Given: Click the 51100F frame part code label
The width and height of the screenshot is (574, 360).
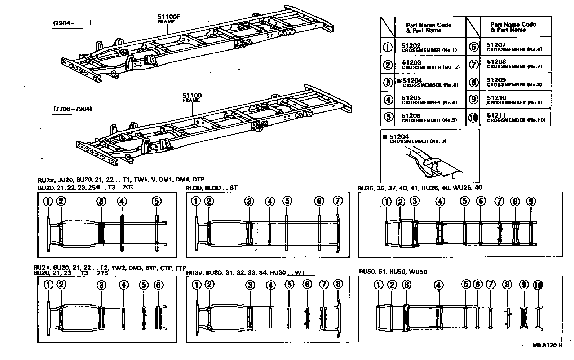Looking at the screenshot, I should click(166, 17).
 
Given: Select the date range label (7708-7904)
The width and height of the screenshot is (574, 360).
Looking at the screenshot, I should click(72, 109).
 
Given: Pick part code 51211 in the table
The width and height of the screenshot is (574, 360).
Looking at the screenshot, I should click(496, 115).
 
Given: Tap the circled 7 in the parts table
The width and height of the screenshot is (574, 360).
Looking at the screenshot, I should click(474, 65).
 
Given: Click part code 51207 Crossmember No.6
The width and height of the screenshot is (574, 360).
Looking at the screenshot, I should click(496, 45).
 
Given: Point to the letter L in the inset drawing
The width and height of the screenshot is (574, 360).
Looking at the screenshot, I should click(453, 176).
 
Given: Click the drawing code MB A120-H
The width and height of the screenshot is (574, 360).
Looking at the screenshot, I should click(547, 345).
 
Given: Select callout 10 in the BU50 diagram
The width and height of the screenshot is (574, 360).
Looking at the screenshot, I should click(538, 285).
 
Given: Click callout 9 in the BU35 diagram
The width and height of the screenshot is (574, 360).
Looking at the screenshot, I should click(531, 202).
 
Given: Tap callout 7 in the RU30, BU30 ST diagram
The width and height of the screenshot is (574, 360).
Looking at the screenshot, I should click(337, 201).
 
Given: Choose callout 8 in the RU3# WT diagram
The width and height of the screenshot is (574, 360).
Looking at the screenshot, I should click(338, 285).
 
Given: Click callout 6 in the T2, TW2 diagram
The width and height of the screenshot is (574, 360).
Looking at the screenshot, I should click(158, 285).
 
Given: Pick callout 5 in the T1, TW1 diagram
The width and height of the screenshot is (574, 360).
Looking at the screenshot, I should click(156, 201).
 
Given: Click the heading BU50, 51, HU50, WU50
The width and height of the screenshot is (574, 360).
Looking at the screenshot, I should click(393, 272).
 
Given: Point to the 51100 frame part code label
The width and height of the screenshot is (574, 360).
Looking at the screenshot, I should click(192, 96).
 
